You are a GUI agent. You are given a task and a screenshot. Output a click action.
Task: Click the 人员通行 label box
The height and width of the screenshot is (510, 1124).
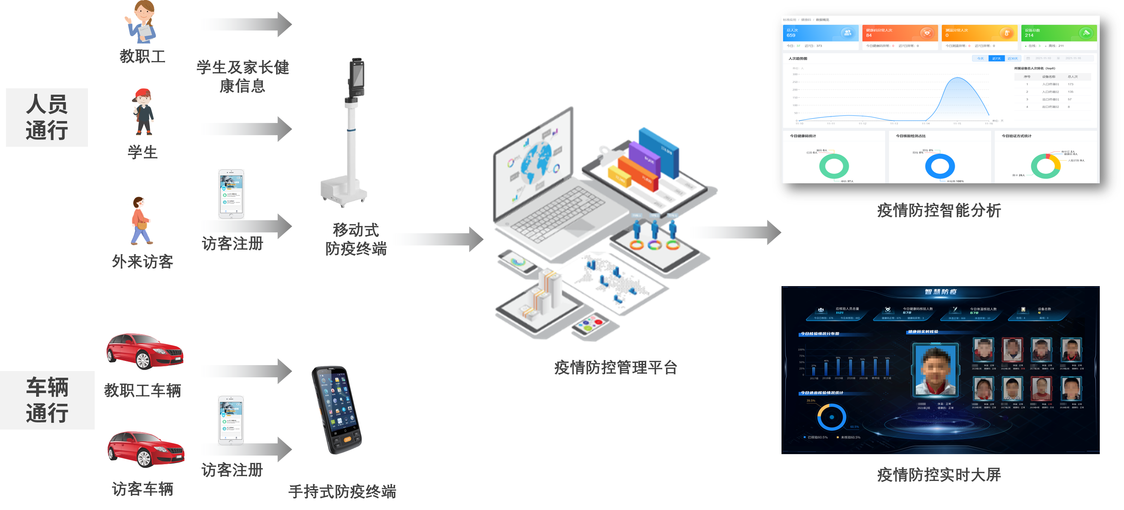[47, 117]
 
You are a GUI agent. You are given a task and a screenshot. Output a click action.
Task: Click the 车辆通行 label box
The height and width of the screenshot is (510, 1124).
[47, 400]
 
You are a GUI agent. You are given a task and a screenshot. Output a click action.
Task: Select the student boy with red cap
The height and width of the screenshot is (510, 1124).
[143, 112]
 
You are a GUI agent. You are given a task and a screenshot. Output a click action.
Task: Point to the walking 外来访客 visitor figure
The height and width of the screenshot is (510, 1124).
[140, 221]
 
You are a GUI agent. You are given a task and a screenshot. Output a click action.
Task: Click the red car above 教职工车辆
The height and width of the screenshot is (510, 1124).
[145, 351]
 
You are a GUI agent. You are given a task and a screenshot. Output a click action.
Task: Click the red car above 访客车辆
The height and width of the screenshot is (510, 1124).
[146, 449]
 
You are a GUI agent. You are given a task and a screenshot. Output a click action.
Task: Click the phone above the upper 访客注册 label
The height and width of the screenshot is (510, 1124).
[231, 194]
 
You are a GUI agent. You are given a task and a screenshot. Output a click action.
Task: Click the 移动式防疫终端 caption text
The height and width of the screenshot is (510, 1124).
[356, 239]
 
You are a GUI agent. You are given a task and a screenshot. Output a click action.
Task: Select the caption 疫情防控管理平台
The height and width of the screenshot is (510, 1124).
[615, 367]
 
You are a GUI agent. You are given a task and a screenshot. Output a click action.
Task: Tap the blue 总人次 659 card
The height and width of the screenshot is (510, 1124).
[820, 33]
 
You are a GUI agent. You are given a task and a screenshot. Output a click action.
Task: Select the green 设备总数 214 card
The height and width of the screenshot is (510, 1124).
[1058, 33]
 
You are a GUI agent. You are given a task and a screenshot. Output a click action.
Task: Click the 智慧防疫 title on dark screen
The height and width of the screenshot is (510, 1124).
[941, 292]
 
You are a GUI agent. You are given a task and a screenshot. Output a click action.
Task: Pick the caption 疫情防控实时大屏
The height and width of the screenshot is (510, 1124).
[939, 474]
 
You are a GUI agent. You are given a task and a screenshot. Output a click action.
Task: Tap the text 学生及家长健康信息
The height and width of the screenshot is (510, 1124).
[243, 76]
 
